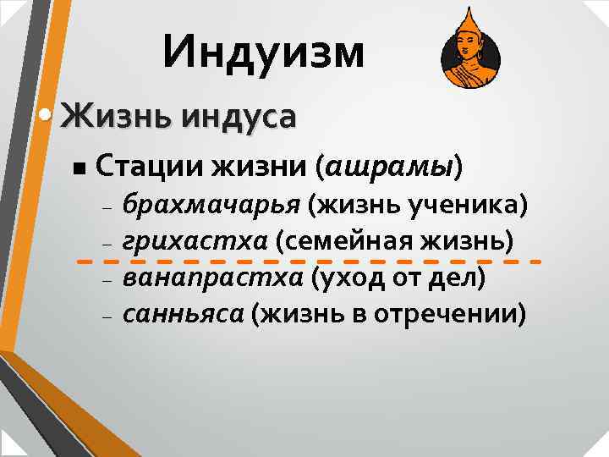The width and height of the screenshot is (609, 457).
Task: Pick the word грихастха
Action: point(195,241)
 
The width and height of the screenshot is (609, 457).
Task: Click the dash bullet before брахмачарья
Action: point(106,208)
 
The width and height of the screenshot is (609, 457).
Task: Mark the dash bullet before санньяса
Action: point(106,317)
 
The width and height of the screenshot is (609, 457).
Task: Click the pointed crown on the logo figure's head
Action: point(469,20)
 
